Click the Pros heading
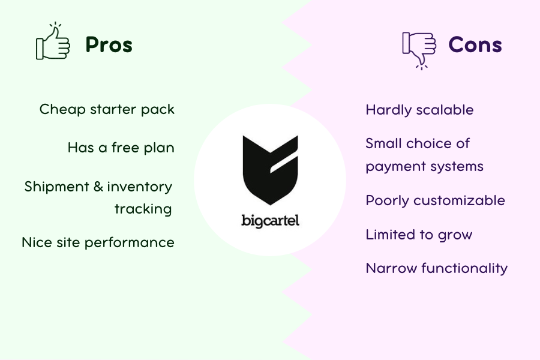(x=109, y=45)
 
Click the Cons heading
(x=475, y=45)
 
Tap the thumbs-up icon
(x=53, y=41)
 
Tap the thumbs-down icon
(x=419, y=50)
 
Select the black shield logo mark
(x=271, y=170)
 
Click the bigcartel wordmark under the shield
(x=271, y=221)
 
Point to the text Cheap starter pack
(x=107, y=110)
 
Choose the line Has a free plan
(x=121, y=148)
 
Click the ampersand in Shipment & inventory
(x=98, y=187)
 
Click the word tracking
(x=143, y=209)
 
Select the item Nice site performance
(x=98, y=242)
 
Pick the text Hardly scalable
(x=419, y=110)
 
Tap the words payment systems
(x=424, y=166)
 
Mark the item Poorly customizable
(x=436, y=200)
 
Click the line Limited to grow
(x=419, y=235)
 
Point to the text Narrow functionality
(x=437, y=268)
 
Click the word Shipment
(x=57, y=187)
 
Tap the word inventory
(x=139, y=187)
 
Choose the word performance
(x=130, y=243)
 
